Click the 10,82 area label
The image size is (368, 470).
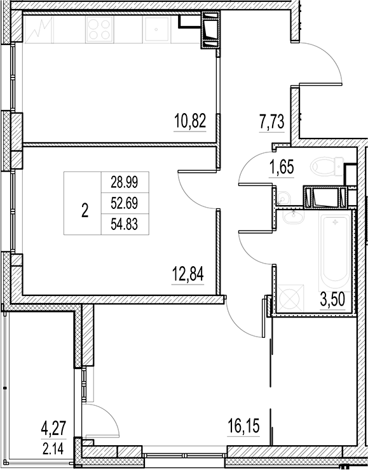190,119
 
